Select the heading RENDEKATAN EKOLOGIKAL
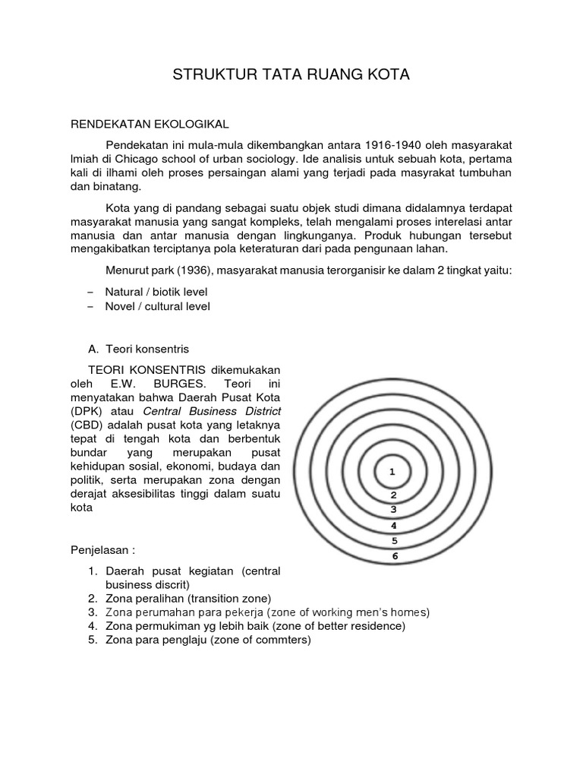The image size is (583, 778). pos(149,123)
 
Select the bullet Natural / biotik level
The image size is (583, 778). pos(156,292)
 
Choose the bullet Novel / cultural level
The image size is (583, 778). pos(157,306)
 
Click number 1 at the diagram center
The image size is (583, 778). pos(392,472)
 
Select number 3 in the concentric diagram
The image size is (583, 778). pos(393,509)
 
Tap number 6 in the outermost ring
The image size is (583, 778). pos(394,556)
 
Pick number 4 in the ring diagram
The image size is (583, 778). pos(393,525)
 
